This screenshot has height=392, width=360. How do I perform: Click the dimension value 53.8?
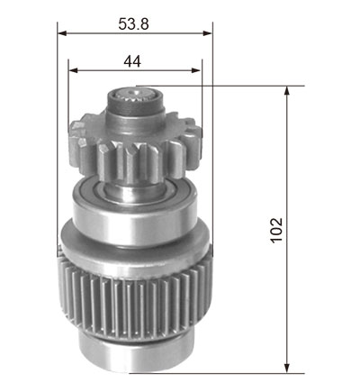(133, 24)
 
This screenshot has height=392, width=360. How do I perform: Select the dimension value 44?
(132, 61)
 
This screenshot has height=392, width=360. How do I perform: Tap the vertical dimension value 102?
(276, 230)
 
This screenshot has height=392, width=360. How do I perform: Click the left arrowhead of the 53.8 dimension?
(62, 33)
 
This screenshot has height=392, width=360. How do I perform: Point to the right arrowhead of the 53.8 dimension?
(208, 33)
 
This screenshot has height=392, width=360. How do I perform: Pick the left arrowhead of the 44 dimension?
(73, 70)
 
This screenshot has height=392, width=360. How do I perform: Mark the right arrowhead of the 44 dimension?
(196, 70)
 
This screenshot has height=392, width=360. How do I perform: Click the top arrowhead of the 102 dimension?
(287, 91)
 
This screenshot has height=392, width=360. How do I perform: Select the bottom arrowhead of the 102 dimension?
(287, 369)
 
